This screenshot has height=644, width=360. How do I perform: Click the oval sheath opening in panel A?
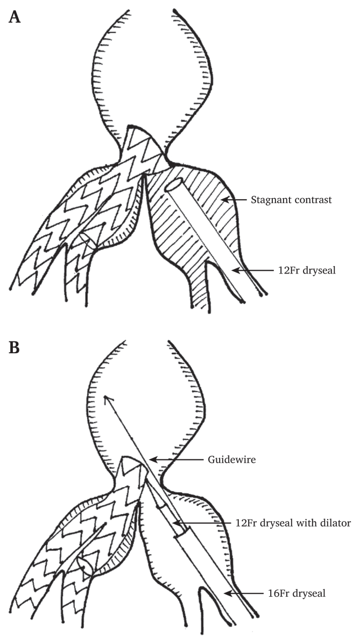click(173, 185)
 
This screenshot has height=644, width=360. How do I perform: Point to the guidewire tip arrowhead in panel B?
click(107, 398)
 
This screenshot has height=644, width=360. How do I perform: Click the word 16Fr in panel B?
click(260, 593)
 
